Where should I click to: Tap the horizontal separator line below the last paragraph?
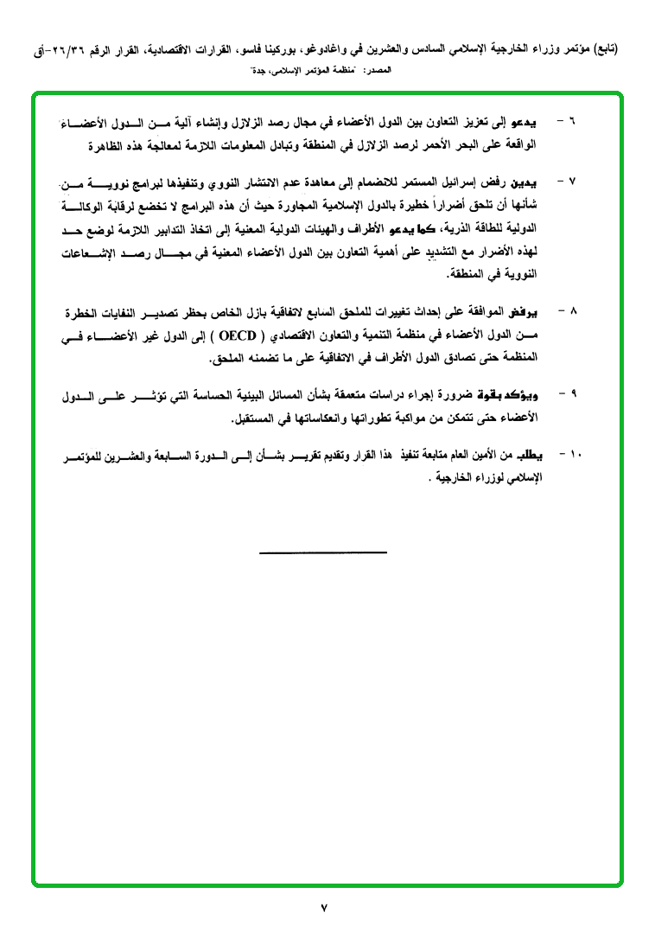pos(323,552)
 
